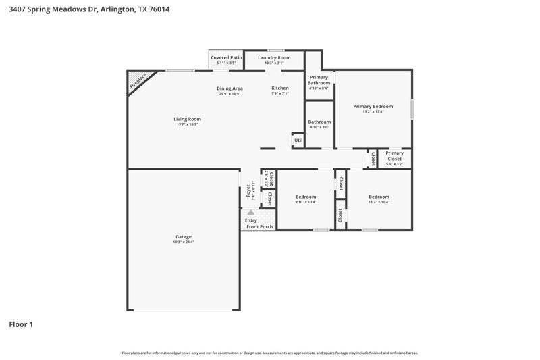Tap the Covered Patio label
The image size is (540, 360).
coord(226,58)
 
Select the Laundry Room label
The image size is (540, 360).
coord(274,58)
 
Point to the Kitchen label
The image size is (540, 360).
coord(280,88)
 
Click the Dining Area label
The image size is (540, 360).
coord(230,88)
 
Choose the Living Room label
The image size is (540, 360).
coord(188,119)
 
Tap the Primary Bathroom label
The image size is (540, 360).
coord(319,80)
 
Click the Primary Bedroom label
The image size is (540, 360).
coord(373,106)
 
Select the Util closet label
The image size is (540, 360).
coord(298,140)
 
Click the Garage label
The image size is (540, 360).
coord(183,236)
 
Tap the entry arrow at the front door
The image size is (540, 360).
coord(251,212)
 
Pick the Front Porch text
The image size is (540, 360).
coord(260,226)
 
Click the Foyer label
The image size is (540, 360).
coord(248,190)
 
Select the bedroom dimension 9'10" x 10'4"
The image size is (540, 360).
coord(305,202)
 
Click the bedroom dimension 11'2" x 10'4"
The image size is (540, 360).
coord(379,202)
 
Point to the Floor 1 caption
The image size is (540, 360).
coord(21,324)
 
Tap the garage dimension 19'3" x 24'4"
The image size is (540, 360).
coord(183,242)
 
